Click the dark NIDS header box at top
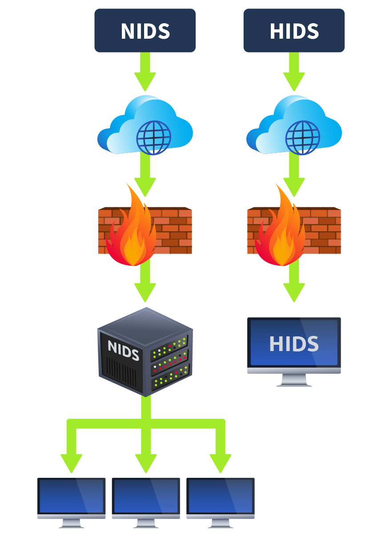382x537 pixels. (145, 30)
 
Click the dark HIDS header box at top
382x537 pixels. (294, 30)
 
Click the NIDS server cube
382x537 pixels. (145, 351)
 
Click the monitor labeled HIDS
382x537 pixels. (294, 345)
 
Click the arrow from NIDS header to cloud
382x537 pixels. (145, 71)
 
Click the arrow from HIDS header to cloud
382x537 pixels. (294, 71)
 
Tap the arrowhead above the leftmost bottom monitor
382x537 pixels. (72, 463)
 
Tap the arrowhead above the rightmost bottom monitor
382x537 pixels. (220, 463)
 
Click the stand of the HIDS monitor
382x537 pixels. (294, 380)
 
